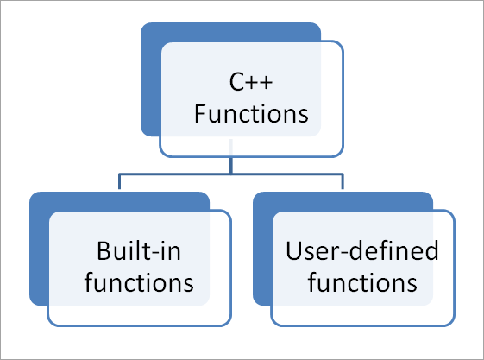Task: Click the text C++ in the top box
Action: click(251, 84)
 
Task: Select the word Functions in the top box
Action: click(251, 113)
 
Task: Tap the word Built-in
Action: click(139, 253)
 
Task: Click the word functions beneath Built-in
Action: click(139, 282)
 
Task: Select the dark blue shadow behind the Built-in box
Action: click(39, 250)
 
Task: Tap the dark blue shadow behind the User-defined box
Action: click(263, 250)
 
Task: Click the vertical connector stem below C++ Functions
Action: click(230, 165)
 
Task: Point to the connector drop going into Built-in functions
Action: click(119, 182)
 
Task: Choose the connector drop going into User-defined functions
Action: click(343, 182)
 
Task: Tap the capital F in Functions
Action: click(199, 113)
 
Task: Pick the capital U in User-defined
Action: click(292, 253)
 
